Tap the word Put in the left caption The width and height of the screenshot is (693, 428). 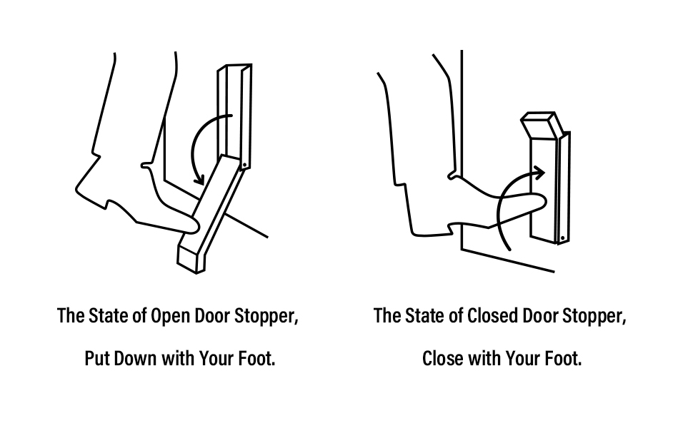pyautogui.click(x=97, y=358)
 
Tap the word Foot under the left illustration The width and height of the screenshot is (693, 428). pyautogui.click(x=257, y=358)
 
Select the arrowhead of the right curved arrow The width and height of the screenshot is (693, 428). pyautogui.click(x=539, y=172)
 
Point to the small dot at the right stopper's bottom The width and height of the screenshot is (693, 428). pyautogui.click(x=562, y=237)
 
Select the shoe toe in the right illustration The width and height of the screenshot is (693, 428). pyautogui.click(x=539, y=203)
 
